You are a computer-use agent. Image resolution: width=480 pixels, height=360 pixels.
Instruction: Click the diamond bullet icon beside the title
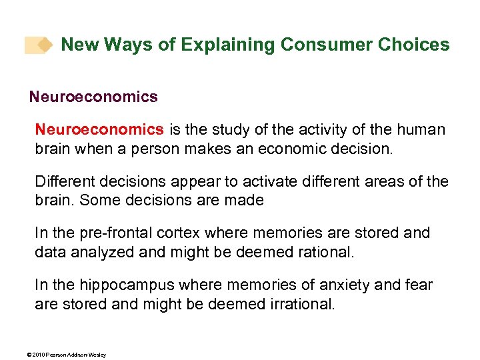(x=44, y=45)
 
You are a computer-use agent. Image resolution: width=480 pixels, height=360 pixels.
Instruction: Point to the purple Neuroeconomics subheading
(x=93, y=97)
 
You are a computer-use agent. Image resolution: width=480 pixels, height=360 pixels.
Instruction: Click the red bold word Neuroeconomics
(x=99, y=129)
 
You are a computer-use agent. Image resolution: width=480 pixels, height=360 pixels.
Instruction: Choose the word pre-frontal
(x=116, y=233)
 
